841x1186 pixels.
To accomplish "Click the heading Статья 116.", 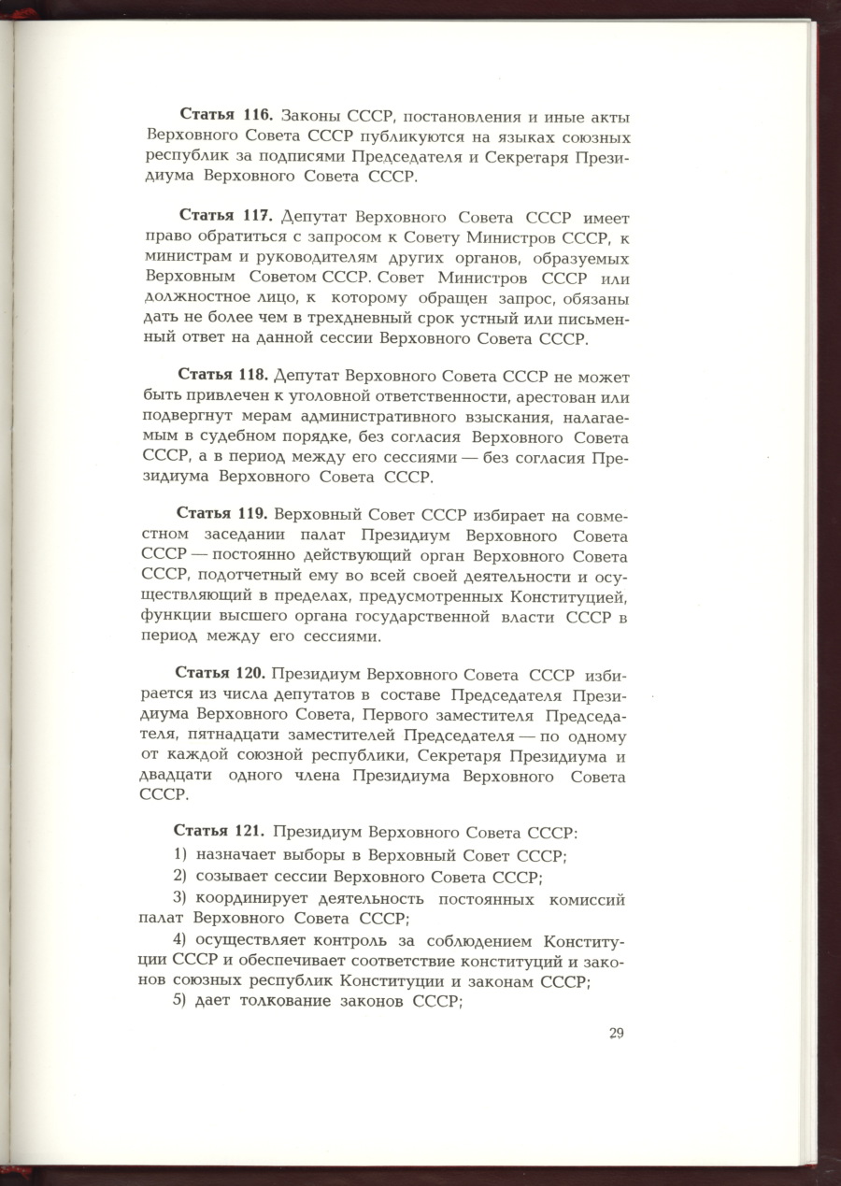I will click(224, 116).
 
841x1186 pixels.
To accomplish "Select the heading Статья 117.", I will click(224, 217).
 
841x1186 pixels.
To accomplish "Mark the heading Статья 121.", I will click(220, 831).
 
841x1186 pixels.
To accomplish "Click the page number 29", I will click(616, 1033).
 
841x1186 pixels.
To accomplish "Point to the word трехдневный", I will click(361, 319).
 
